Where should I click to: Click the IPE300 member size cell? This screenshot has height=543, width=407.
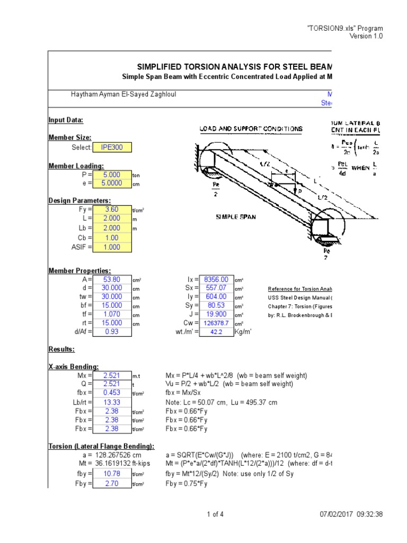pyautogui.click(x=111, y=147)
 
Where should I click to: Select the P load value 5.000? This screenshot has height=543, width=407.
pyautogui.click(x=111, y=174)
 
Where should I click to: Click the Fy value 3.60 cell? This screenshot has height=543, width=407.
pyautogui.click(x=111, y=209)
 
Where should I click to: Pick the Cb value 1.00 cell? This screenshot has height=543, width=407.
pyautogui.click(x=111, y=238)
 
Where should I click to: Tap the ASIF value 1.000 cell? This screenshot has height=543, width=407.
pyautogui.click(x=111, y=247)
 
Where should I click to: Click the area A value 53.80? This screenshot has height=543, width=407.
pyautogui.click(x=111, y=279)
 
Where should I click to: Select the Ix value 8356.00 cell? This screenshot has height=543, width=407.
pyautogui.click(x=217, y=279)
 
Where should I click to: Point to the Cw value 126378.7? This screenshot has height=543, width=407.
pyautogui.click(x=217, y=322)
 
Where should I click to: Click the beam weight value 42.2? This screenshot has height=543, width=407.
pyautogui.click(x=217, y=331)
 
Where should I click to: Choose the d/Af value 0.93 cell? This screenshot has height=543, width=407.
pyautogui.click(x=111, y=331)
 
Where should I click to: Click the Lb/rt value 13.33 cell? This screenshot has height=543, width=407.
pyautogui.click(x=111, y=402)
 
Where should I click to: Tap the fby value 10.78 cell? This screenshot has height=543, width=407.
pyautogui.click(x=111, y=474)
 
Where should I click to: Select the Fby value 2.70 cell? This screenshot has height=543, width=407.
pyautogui.click(x=111, y=484)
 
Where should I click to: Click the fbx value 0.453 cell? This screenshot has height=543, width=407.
pyautogui.click(x=111, y=393)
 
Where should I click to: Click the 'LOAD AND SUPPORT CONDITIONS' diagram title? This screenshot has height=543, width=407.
pyautogui.click(x=251, y=129)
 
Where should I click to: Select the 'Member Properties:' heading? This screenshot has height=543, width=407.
pyautogui.click(x=79, y=270)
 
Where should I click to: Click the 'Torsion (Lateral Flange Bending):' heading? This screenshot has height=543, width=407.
pyautogui.click(x=101, y=446)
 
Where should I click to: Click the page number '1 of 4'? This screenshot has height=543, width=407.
pyautogui.click(x=215, y=514)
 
